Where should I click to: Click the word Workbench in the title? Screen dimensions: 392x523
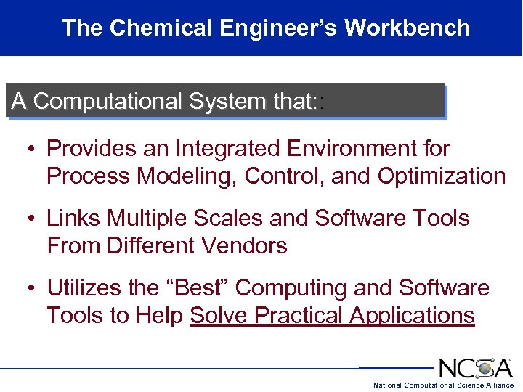[407, 28]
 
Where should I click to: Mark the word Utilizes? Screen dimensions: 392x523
[84, 288]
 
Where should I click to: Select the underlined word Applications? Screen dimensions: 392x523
[412, 316]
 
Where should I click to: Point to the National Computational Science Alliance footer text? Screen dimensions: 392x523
[443, 385]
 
